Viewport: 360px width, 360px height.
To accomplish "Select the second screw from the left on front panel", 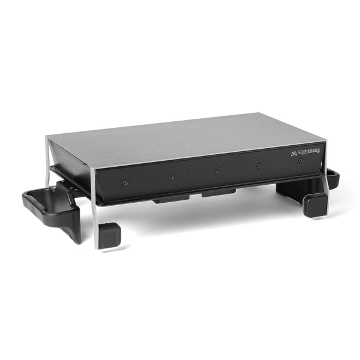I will pyautogui.click(x=172, y=177).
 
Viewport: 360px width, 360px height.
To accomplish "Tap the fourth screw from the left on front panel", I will pyautogui.click(x=258, y=166).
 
